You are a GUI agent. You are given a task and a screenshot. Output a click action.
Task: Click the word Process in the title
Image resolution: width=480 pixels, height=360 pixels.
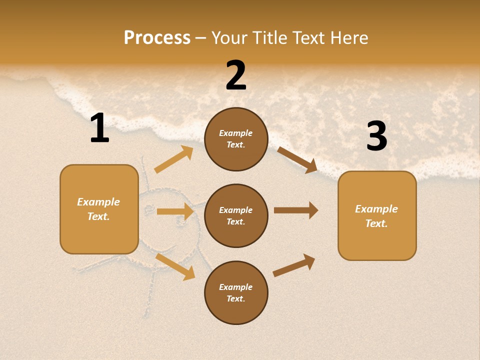pyautogui.click(x=157, y=37)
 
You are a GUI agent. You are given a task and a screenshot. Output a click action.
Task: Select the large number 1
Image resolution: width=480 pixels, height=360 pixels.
pyautogui.click(x=99, y=128)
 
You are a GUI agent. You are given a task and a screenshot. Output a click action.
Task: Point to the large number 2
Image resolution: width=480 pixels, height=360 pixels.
pyautogui.click(x=236, y=75)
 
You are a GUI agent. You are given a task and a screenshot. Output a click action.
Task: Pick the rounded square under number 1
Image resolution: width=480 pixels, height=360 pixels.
pyautogui.click(x=99, y=209)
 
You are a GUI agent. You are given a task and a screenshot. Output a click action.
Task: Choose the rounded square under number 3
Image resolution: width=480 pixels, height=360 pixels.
pyautogui.click(x=377, y=215)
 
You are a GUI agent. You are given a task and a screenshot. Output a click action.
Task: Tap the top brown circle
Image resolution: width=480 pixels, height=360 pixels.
pyautogui.click(x=236, y=139)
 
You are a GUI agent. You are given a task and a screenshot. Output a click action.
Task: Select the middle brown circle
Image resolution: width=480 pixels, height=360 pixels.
pyautogui.click(x=236, y=215)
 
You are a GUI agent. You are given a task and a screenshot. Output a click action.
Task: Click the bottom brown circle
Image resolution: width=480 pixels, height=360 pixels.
pyautogui.click(x=236, y=292)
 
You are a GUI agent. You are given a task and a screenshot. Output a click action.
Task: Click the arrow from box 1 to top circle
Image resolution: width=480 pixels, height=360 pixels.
pyautogui.click(x=174, y=159)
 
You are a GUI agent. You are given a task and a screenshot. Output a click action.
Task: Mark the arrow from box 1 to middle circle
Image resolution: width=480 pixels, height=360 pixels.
pyautogui.click(x=175, y=211)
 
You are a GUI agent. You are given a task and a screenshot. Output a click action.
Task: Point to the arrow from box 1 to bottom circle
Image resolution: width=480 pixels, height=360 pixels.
pyautogui.click(x=175, y=266)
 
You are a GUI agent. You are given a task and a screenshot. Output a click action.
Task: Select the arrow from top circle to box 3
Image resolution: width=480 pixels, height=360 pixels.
pyautogui.click(x=297, y=160)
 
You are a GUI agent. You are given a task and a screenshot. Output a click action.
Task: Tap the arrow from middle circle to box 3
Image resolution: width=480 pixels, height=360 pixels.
pyautogui.click(x=296, y=210)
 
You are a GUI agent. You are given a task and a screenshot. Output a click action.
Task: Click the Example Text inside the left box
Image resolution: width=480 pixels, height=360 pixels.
pyautogui.click(x=98, y=209)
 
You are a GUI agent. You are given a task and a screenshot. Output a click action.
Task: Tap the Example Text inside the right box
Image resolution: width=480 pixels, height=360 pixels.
pyautogui.click(x=376, y=216)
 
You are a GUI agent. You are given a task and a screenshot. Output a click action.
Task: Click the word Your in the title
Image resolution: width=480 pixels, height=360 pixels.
pyautogui.click(x=230, y=37)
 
